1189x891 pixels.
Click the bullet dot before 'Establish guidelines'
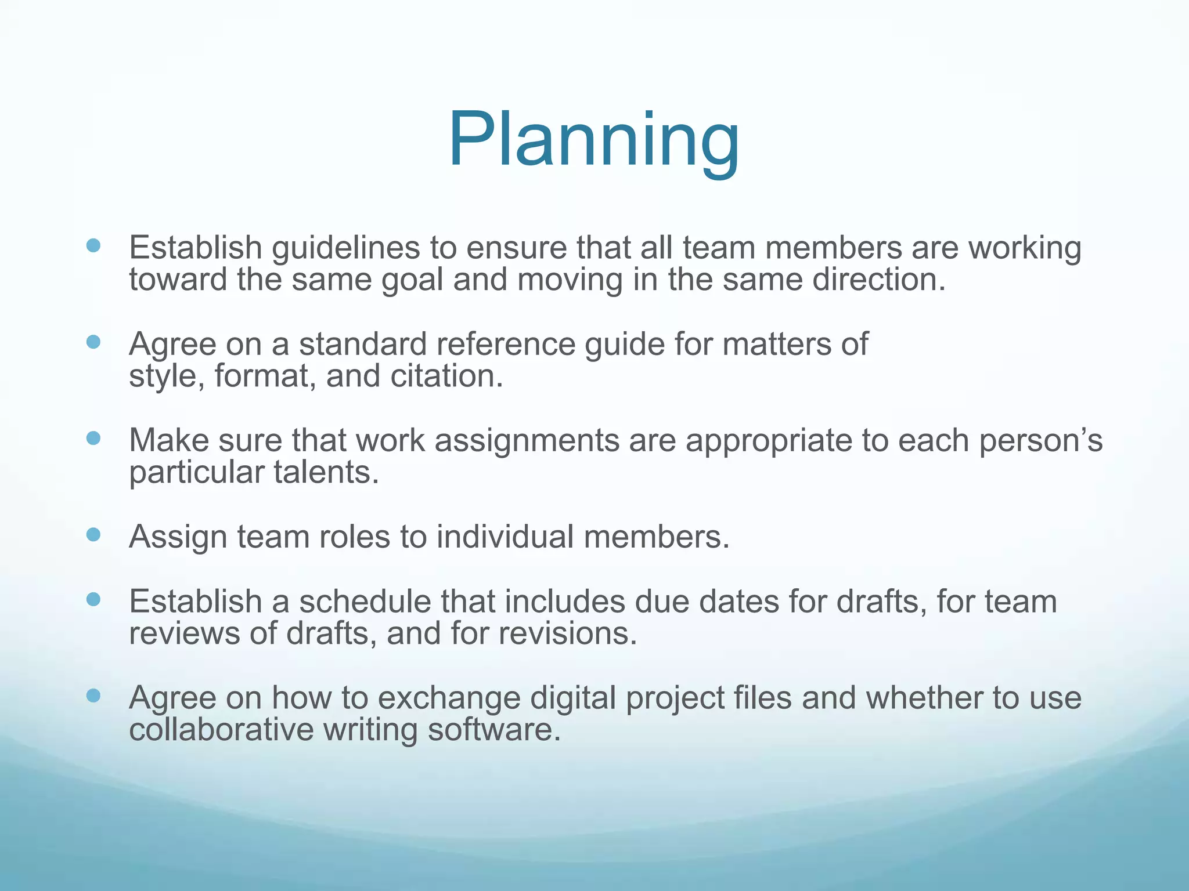coord(93,245)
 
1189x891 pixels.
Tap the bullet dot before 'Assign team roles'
coord(93,534)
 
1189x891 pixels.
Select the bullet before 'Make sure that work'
coord(93,438)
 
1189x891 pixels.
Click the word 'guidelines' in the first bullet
coord(345,248)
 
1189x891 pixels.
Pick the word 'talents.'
coord(326,472)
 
